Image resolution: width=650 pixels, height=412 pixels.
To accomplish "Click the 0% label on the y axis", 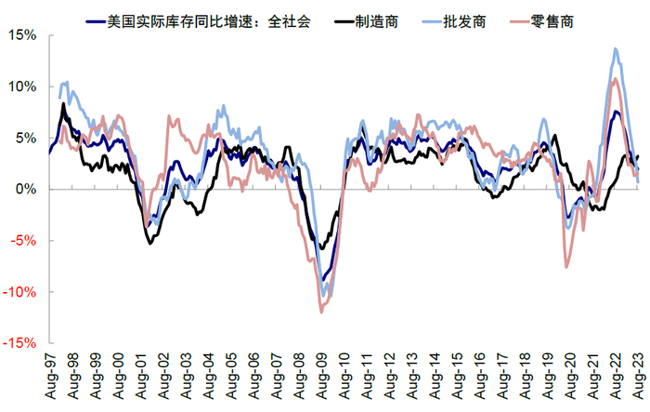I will pos(26,189).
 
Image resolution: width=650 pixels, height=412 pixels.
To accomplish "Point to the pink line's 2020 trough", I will pos(566,268).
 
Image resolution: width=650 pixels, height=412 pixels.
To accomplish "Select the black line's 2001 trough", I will pos(150,244).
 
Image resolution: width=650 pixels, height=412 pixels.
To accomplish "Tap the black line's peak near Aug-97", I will pos(63,103).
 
